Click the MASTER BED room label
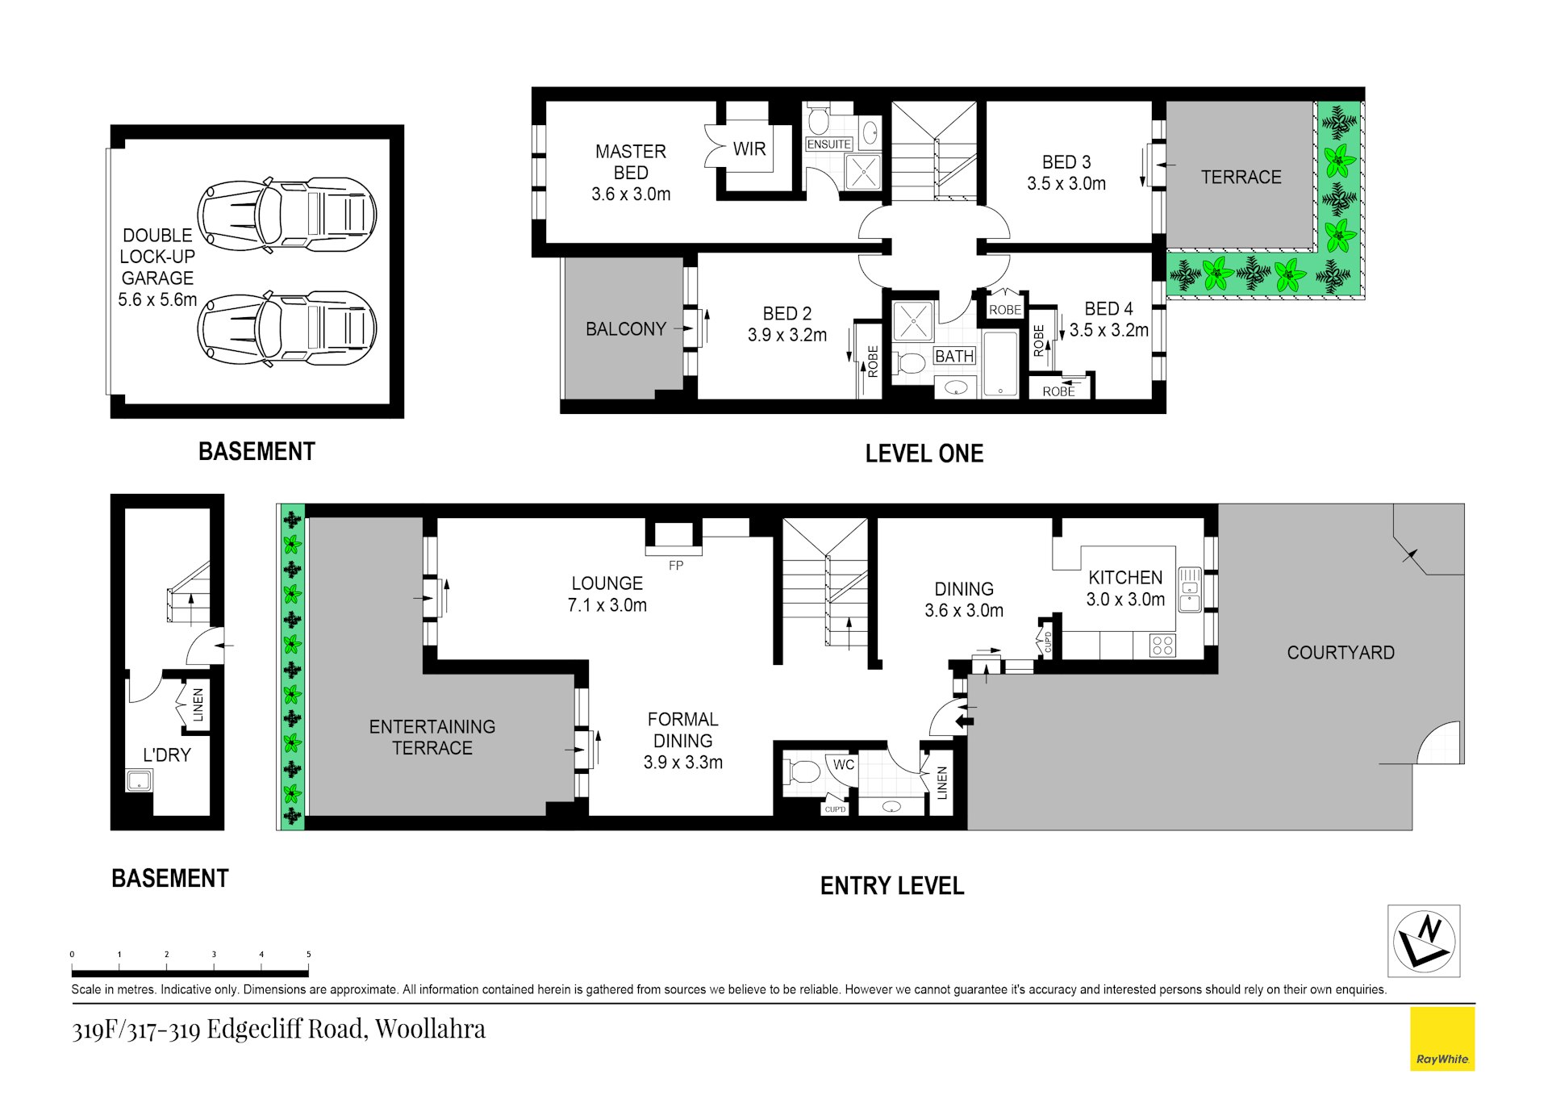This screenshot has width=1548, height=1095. pos(630,161)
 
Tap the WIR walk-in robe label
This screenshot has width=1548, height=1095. pos(749,148)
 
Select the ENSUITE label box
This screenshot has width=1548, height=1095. pos(828,144)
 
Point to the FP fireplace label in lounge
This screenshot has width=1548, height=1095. pos(676,566)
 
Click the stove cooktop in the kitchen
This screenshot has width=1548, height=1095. pos(1162,645)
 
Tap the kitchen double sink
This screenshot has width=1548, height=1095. pos(1190,590)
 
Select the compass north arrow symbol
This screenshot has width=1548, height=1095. pos(1424,941)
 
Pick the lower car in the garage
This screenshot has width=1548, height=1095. pos(288,328)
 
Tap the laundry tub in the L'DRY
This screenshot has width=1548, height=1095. pos(139,781)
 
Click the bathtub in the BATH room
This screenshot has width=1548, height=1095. pos(1000,363)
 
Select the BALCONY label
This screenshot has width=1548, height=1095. pos(625,329)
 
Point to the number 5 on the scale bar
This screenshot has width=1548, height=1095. pos(308,955)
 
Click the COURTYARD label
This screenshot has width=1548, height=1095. pos(1340,653)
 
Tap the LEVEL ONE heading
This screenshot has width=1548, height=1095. pos(924,453)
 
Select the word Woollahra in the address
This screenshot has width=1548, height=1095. pos(430,1029)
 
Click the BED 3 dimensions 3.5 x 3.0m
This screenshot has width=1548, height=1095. pos(1066,184)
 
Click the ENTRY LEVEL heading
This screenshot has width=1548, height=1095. pos(891,886)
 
